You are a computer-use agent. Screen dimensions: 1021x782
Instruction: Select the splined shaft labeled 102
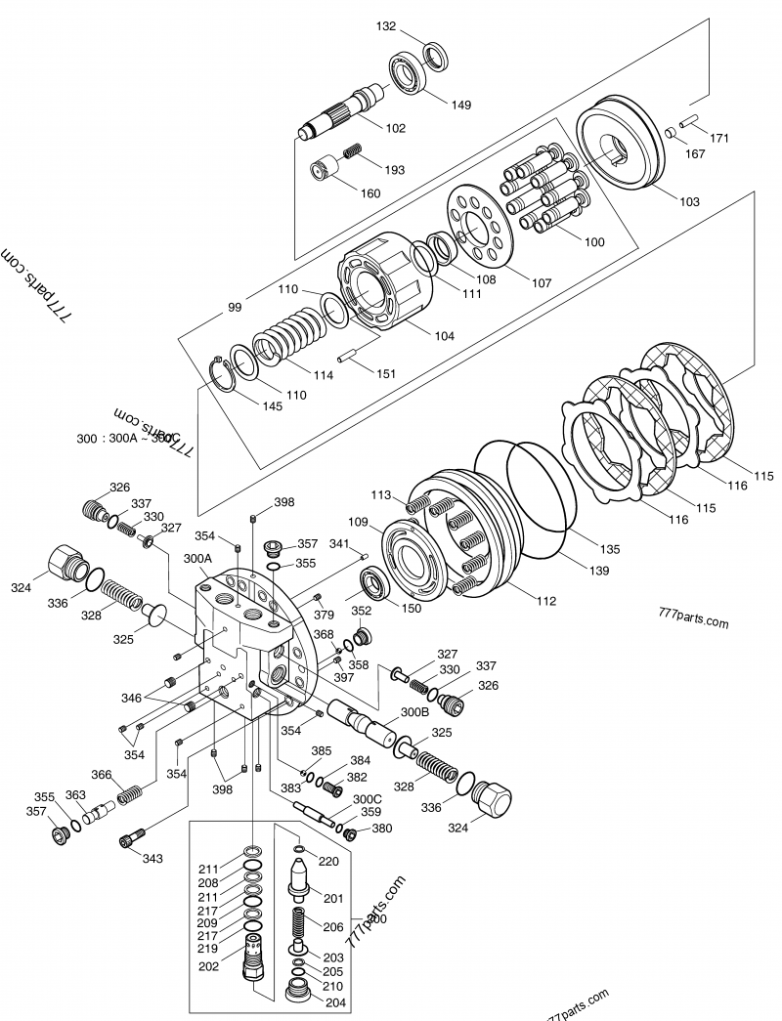tap(342, 112)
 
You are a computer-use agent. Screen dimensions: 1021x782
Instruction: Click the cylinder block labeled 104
tap(381, 284)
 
